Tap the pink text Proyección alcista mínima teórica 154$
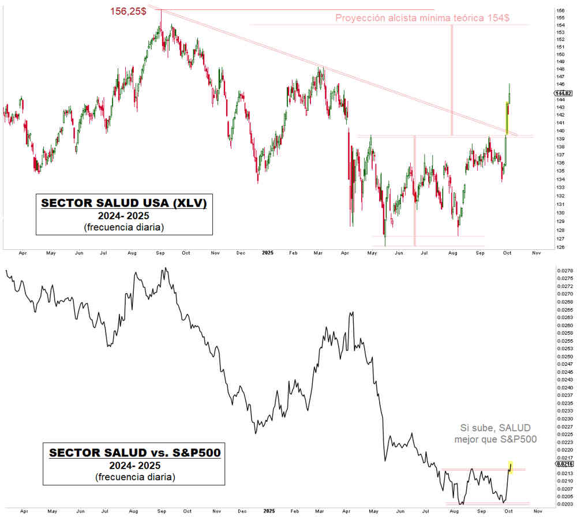(x=422, y=18)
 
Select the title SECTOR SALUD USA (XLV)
(x=123, y=204)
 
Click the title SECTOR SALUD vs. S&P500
(x=134, y=453)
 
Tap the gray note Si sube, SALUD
(x=494, y=428)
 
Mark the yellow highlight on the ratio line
(x=511, y=466)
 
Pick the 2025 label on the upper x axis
(x=267, y=253)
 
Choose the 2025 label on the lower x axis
(x=267, y=511)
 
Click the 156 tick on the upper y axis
(x=559, y=11)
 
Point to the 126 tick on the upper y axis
(x=559, y=248)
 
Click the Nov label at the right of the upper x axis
(x=535, y=253)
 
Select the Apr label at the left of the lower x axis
(x=23, y=511)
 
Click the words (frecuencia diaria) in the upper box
(x=123, y=227)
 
